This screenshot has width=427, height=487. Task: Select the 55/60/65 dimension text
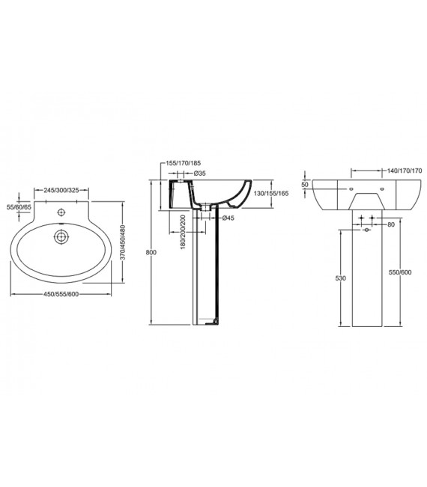pyautogui.click(x=19, y=206)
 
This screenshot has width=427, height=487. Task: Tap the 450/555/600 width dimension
pyautogui.click(x=62, y=293)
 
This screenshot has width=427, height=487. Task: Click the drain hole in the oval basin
pyautogui.click(x=60, y=238)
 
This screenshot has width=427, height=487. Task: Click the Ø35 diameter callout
pyautogui.click(x=200, y=174)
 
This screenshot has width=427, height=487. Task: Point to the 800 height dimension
pyautogui.click(x=151, y=253)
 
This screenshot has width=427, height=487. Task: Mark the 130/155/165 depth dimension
pyautogui.click(x=272, y=192)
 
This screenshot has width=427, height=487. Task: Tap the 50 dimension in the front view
pyautogui.click(x=305, y=184)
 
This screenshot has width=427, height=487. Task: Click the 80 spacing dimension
pyautogui.click(x=391, y=224)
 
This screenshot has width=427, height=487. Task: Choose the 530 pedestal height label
pyautogui.click(x=341, y=278)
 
